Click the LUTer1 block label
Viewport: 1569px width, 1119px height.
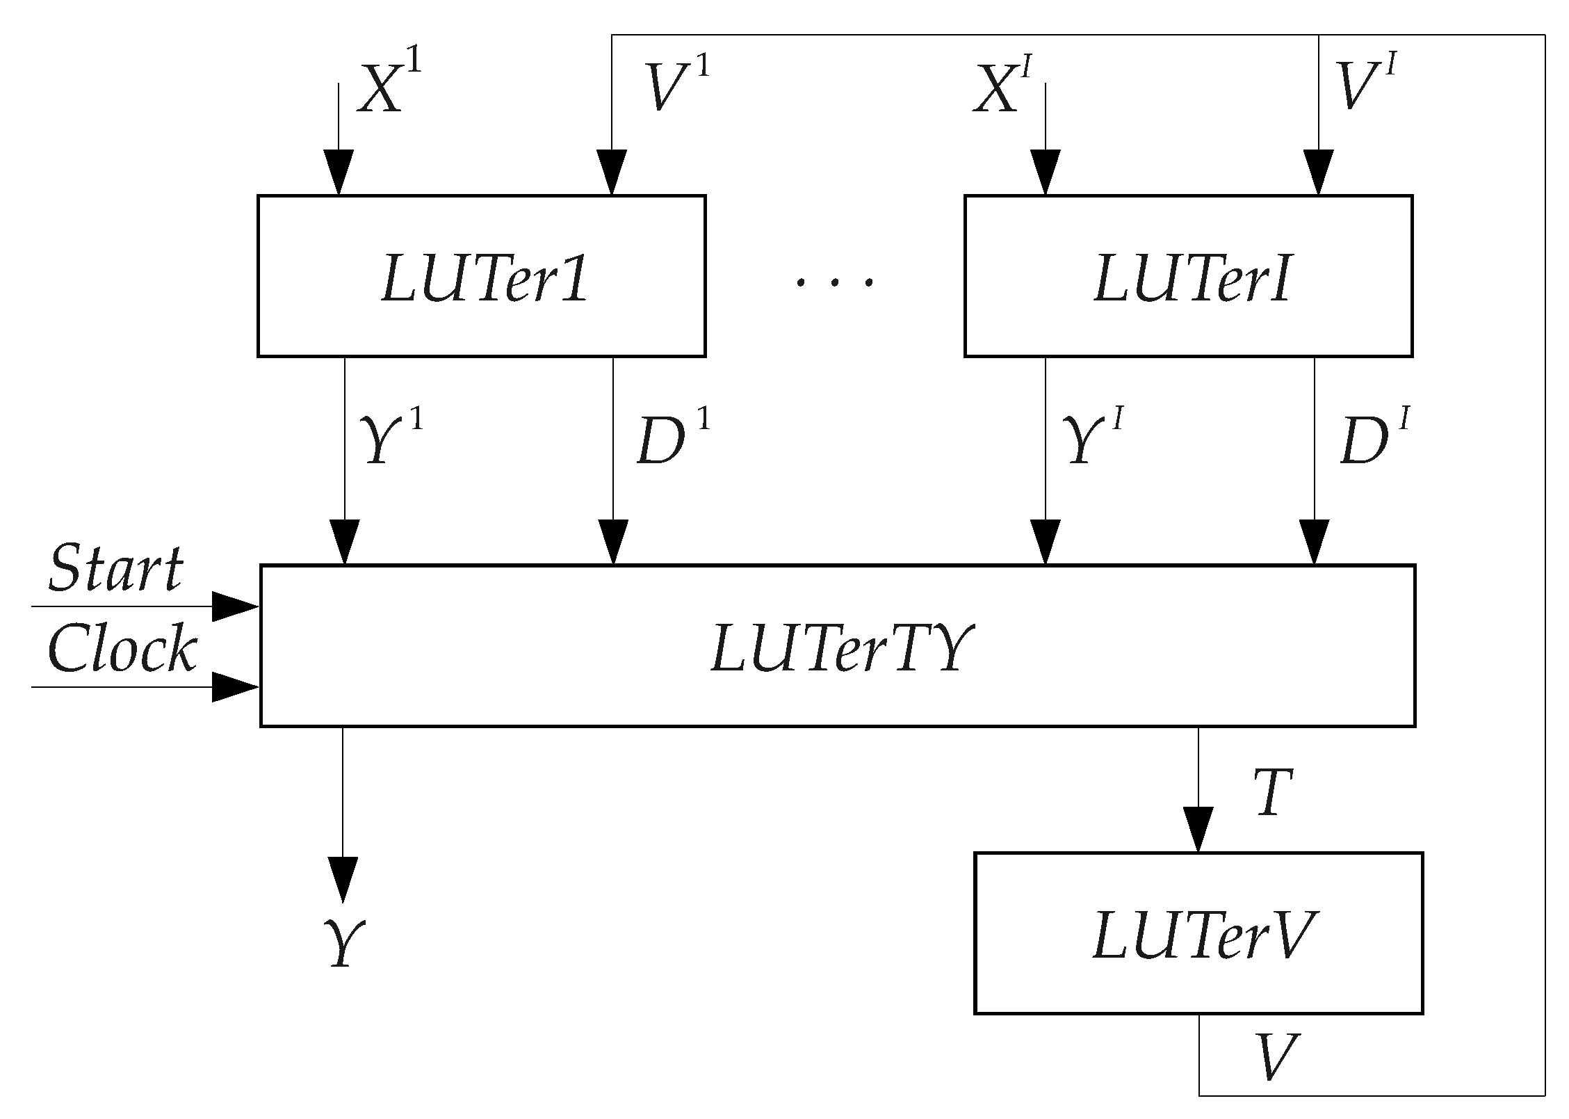coord(485,279)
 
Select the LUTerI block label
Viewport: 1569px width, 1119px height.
coord(1192,279)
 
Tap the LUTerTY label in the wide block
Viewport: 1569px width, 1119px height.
coord(838,648)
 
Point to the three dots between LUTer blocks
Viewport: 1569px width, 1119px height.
coord(834,282)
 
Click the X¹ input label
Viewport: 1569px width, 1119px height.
coord(389,87)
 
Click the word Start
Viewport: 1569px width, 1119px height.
coord(115,569)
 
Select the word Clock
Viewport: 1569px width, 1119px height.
coord(122,648)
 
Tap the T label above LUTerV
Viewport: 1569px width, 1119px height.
coord(1272,794)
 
